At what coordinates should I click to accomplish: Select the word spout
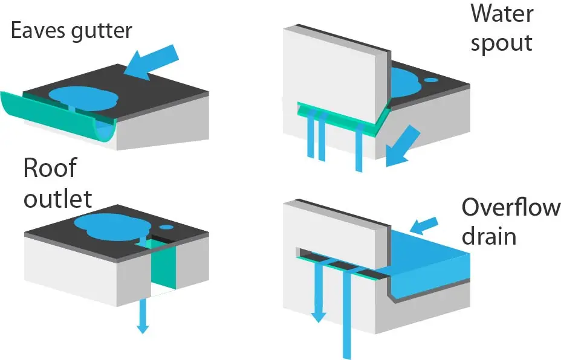[x=501, y=43]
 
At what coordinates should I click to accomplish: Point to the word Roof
[x=50, y=167]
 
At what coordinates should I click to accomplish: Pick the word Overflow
[x=511, y=207]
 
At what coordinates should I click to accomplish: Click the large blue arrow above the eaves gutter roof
[x=151, y=61]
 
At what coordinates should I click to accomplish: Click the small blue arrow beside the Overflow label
[x=424, y=225]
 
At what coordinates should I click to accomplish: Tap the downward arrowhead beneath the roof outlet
[x=143, y=328]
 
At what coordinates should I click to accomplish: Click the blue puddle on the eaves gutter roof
[x=83, y=98]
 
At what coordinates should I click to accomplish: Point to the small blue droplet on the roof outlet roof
[x=166, y=227]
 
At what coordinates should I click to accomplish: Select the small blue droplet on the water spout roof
[x=431, y=80]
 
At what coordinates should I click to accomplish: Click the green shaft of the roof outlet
[x=163, y=265]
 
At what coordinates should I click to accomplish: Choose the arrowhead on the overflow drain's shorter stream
[x=318, y=317]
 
